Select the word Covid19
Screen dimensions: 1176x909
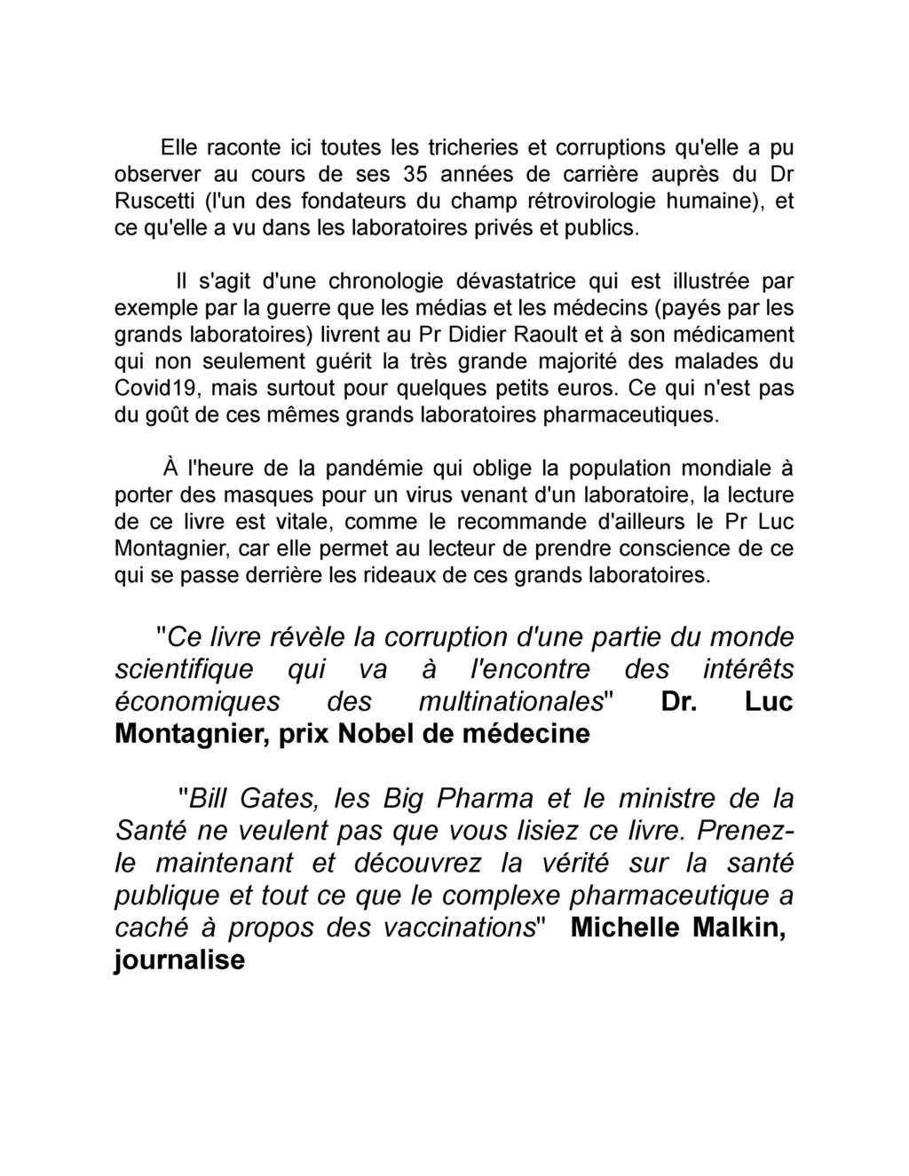(154, 391)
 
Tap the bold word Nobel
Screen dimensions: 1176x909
(393, 735)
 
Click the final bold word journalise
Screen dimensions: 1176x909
(179, 961)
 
